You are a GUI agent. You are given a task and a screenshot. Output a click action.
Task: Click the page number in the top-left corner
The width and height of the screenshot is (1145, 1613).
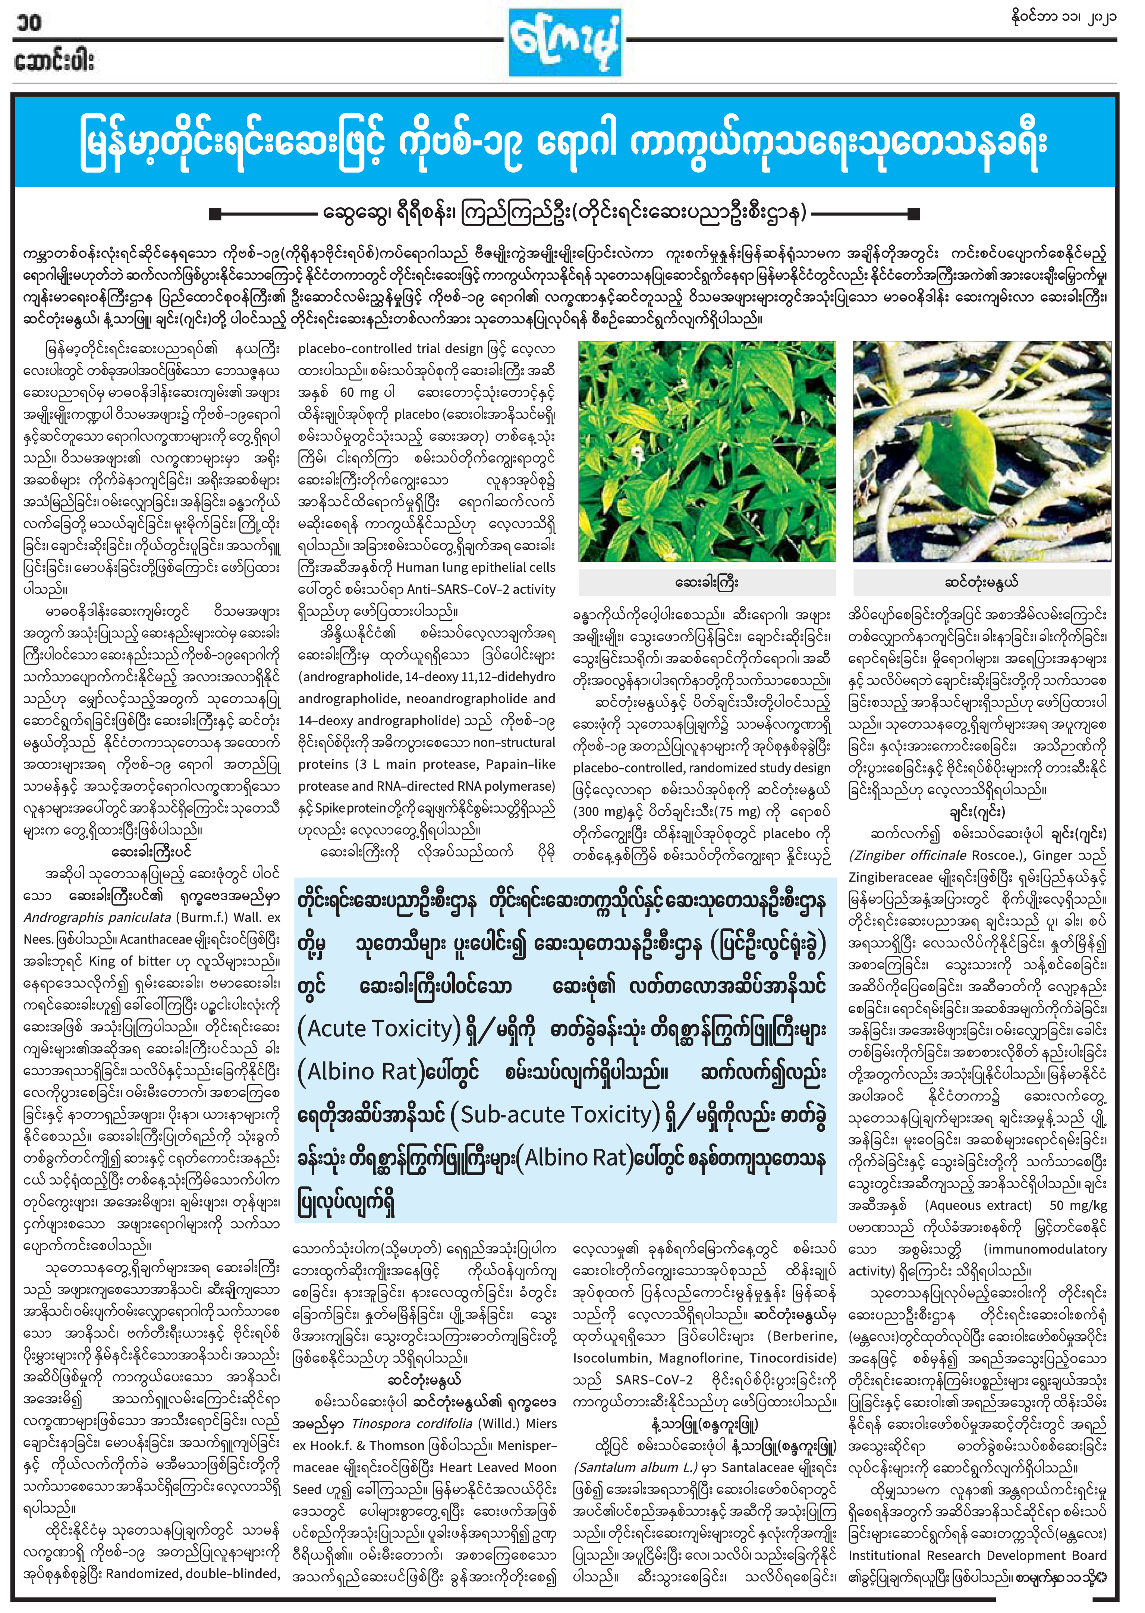click(28, 23)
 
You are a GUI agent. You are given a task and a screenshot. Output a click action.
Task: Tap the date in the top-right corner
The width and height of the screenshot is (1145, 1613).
click(1063, 17)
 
